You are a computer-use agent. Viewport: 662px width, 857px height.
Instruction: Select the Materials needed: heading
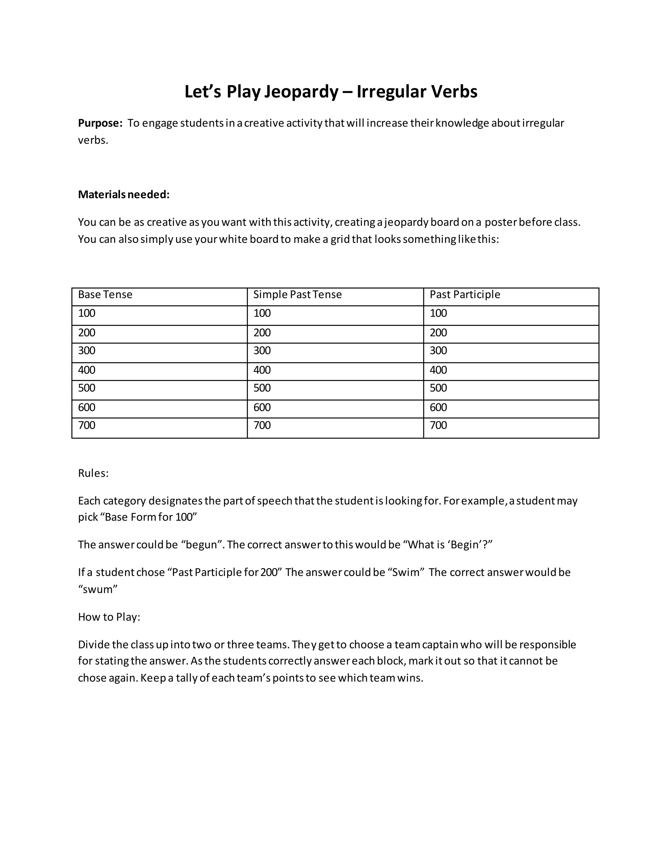[x=123, y=195]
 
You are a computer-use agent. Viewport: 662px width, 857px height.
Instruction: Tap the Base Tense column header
[x=105, y=295]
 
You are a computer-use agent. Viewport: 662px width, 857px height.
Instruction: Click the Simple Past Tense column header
[x=297, y=295]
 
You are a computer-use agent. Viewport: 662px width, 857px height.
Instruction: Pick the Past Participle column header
[x=465, y=295]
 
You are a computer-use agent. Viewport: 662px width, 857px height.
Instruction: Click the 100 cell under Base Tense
[x=87, y=313]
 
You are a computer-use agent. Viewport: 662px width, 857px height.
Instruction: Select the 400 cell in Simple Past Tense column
[x=262, y=370]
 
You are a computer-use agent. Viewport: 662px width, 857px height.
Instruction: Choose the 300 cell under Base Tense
[x=87, y=351]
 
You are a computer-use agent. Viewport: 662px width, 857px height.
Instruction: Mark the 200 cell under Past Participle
[x=438, y=333]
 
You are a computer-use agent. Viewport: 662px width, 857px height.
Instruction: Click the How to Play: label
[x=109, y=617]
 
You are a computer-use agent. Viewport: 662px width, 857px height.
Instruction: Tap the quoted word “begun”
[x=202, y=545]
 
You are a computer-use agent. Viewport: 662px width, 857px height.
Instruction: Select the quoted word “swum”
[x=98, y=589]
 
